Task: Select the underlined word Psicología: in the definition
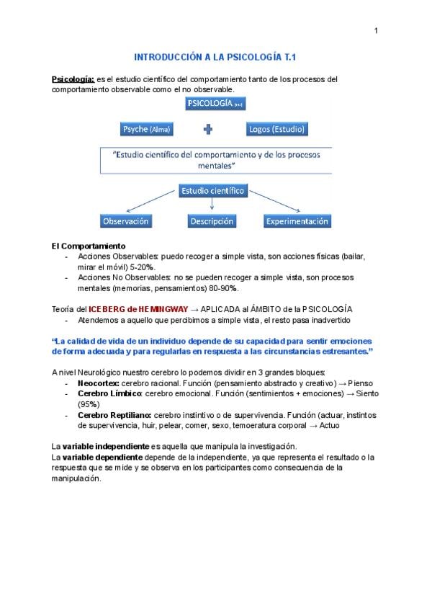click(x=73, y=79)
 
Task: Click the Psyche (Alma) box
click(x=147, y=129)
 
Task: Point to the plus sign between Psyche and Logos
click(x=209, y=130)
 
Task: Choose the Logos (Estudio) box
click(x=276, y=129)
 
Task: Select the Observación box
click(x=125, y=221)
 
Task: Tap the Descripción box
click(x=212, y=221)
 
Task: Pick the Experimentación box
click(x=297, y=221)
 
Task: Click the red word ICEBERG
click(x=103, y=308)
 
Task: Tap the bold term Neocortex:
click(x=99, y=384)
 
